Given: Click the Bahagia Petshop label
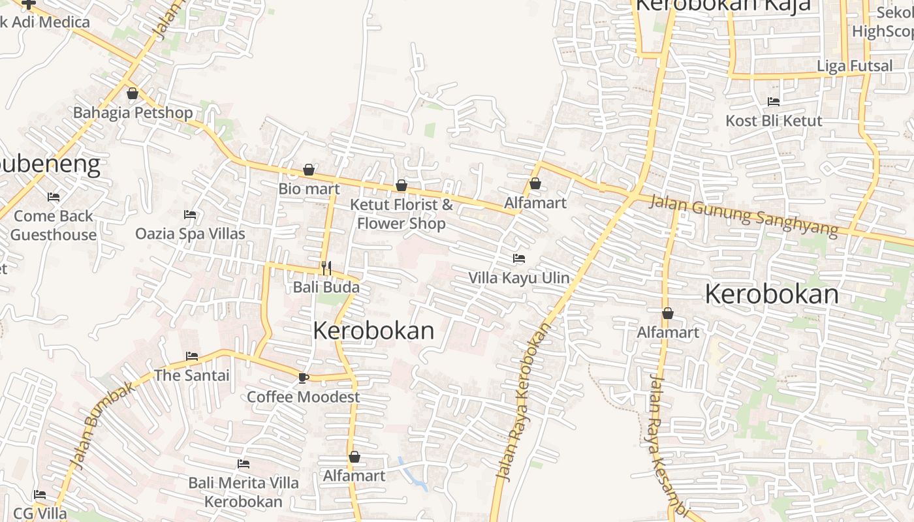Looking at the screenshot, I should (x=133, y=112).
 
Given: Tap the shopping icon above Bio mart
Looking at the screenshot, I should (x=309, y=170).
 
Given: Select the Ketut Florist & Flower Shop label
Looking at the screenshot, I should (x=401, y=213).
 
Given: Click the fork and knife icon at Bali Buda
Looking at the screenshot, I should (x=326, y=268).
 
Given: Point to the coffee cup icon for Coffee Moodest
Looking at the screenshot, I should (x=303, y=377).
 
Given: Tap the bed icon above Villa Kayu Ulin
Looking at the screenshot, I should (x=519, y=258).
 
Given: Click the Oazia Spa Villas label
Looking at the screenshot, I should (x=190, y=234).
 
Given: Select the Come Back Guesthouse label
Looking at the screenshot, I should (x=54, y=225).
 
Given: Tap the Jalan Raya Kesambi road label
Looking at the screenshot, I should (x=667, y=444).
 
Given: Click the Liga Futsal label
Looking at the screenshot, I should (x=855, y=66).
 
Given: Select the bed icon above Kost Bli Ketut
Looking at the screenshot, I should (x=774, y=101).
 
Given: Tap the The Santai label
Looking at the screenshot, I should (x=191, y=375).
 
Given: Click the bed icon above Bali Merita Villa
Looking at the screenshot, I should (x=244, y=464).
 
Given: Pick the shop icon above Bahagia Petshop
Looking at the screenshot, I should (x=133, y=93).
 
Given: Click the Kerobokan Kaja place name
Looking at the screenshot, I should (x=723, y=5).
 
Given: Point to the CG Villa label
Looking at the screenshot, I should (x=40, y=513).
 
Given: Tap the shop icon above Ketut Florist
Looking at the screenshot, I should (x=402, y=185).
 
